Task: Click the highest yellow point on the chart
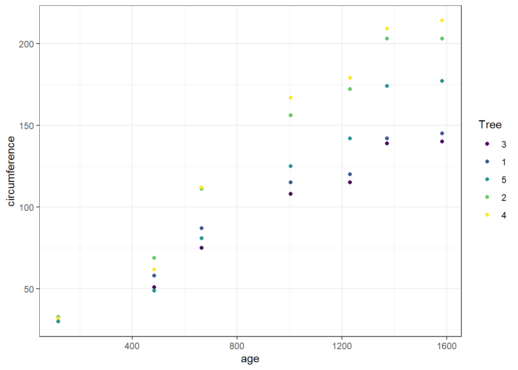click(442, 20)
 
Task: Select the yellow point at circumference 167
click(291, 98)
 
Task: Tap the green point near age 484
click(154, 258)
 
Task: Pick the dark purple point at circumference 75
click(202, 248)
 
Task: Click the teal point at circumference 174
click(387, 86)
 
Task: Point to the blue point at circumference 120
click(350, 174)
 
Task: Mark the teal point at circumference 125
click(291, 166)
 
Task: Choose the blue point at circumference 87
click(202, 228)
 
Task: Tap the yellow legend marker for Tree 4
click(487, 215)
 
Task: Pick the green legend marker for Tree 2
click(487, 197)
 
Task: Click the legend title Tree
click(490, 125)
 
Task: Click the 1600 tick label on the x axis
click(447, 346)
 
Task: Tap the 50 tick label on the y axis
click(29, 289)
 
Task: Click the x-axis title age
click(250, 359)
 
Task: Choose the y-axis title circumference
click(11, 171)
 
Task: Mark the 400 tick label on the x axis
click(132, 346)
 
